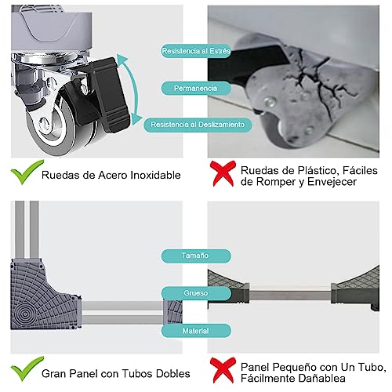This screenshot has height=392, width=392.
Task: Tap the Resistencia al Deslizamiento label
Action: coord(198,124)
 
